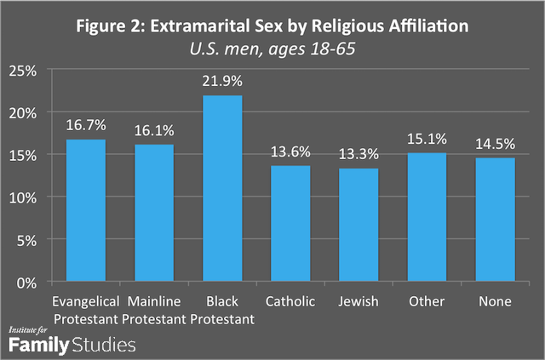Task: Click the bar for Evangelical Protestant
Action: click(x=86, y=210)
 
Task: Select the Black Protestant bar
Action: click(x=222, y=188)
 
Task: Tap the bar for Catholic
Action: click(x=290, y=223)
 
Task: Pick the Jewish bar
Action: click(x=359, y=225)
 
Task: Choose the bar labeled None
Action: click(x=495, y=220)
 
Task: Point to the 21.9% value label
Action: click(x=222, y=81)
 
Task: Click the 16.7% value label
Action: click(x=86, y=125)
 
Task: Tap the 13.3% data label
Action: click(x=359, y=154)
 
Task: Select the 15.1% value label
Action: click(x=427, y=139)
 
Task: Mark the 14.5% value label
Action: click(x=495, y=144)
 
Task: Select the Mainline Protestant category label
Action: click(x=154, y=310)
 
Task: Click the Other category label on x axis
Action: click(x=427, y=302)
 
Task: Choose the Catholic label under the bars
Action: click(x=290, y=302)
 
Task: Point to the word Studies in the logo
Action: click(x=106, y=345)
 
